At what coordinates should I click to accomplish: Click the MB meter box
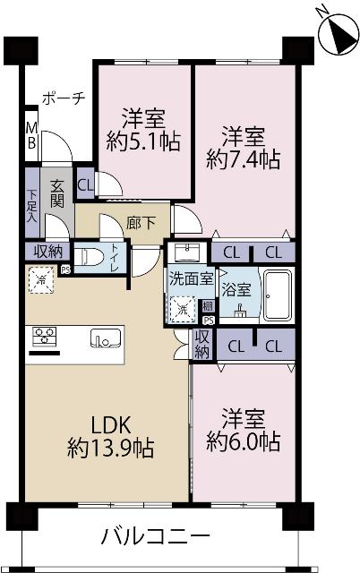coord(30,135)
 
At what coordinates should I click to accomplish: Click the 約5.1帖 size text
coord(143,141)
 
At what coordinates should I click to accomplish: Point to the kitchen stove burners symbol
coord(45,338)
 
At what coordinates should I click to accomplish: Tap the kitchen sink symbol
coord(106,338)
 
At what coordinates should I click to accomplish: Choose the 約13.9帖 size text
coord(110,447)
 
